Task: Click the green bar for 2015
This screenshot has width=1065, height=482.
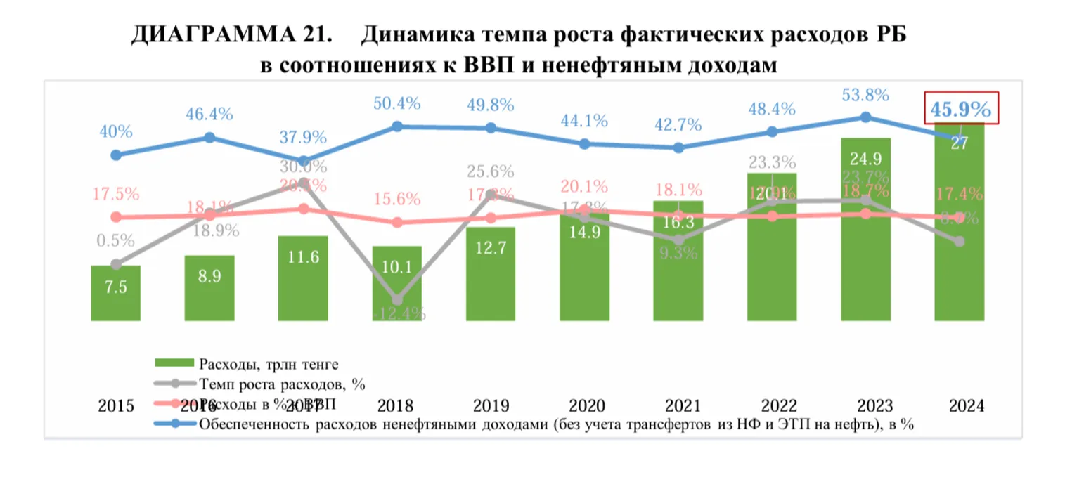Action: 116,293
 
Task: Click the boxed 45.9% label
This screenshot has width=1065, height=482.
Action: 960,110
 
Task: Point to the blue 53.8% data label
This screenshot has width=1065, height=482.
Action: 865,95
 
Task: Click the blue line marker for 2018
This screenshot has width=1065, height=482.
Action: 397,126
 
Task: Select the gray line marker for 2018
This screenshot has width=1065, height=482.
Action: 397,300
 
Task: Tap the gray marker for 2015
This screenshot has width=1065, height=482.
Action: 116,264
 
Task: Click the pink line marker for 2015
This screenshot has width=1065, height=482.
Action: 116,217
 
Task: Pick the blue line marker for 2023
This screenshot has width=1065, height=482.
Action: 866,117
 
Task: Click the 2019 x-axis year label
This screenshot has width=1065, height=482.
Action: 491,406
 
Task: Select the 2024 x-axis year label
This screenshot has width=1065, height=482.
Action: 960,406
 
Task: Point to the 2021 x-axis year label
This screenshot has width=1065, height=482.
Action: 678,406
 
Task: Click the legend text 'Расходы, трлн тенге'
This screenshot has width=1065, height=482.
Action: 269,364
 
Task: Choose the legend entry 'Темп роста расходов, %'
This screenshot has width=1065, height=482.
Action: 282,384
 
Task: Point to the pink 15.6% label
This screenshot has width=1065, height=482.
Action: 397,199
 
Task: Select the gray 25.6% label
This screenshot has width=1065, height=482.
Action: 490,171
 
